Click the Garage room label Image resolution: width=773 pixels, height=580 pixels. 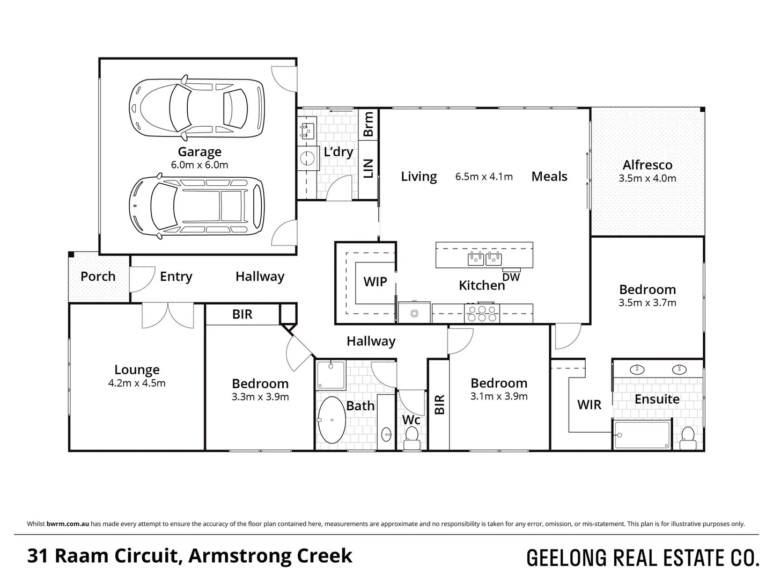[200, 152]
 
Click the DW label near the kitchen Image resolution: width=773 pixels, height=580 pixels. [512, 277]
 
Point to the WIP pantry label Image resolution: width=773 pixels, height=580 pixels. [375, 282]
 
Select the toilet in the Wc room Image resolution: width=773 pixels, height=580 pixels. [412, 437]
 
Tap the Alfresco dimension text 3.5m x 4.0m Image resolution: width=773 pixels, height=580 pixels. [647, 179]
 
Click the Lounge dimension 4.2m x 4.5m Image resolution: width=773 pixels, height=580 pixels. [137, 383]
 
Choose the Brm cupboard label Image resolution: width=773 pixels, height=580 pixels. [369, 124]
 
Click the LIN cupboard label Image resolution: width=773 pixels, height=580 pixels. [369, 168]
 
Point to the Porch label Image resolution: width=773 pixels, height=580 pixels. [98, 277]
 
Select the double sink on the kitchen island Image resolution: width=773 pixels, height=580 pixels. [484, 259]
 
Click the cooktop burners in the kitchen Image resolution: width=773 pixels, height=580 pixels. [483, 313]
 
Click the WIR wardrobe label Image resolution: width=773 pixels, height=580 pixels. [589, 405]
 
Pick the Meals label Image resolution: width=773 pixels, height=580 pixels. [549, 177]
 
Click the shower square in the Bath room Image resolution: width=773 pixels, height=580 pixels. [331, 374]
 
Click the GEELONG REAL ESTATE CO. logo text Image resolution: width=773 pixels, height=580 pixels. [643, 559]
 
